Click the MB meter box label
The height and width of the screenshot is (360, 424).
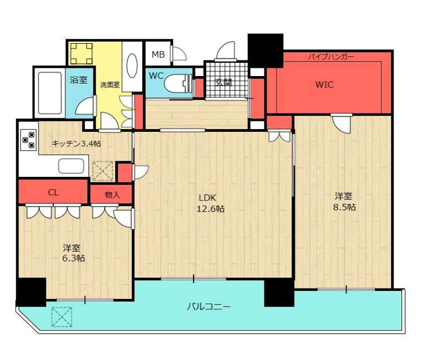(x=158, y=55)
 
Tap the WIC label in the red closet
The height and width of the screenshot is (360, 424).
(x=324, y=85)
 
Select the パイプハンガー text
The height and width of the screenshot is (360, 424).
(x=331, y=57)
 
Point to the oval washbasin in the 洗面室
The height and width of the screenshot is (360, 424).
(x=132, y=66)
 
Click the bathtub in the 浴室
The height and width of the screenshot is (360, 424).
(x=50, y=92)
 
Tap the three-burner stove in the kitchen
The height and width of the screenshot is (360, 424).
(x=29, y=140)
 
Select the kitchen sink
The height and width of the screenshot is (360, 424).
(x=71, y=166)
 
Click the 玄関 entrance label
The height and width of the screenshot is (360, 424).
(x=224, y=83)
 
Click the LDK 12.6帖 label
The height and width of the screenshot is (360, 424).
(x=210, y=203)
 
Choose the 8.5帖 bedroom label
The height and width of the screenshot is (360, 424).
(x=344, y=202)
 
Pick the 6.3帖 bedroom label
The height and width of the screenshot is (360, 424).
(x=74, y=253)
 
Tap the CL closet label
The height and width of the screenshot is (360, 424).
(x=53, y=193)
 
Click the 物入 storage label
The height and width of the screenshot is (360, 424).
(x=112, y=195)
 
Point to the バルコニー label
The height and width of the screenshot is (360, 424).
(x=209, y=307)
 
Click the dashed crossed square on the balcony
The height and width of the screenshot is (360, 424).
(x=62, y=317)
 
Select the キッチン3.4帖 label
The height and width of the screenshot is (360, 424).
(x=76, y=143)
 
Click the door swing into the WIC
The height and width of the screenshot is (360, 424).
(x=342, y=124)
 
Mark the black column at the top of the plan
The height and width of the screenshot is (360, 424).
(x=266, y=51)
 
